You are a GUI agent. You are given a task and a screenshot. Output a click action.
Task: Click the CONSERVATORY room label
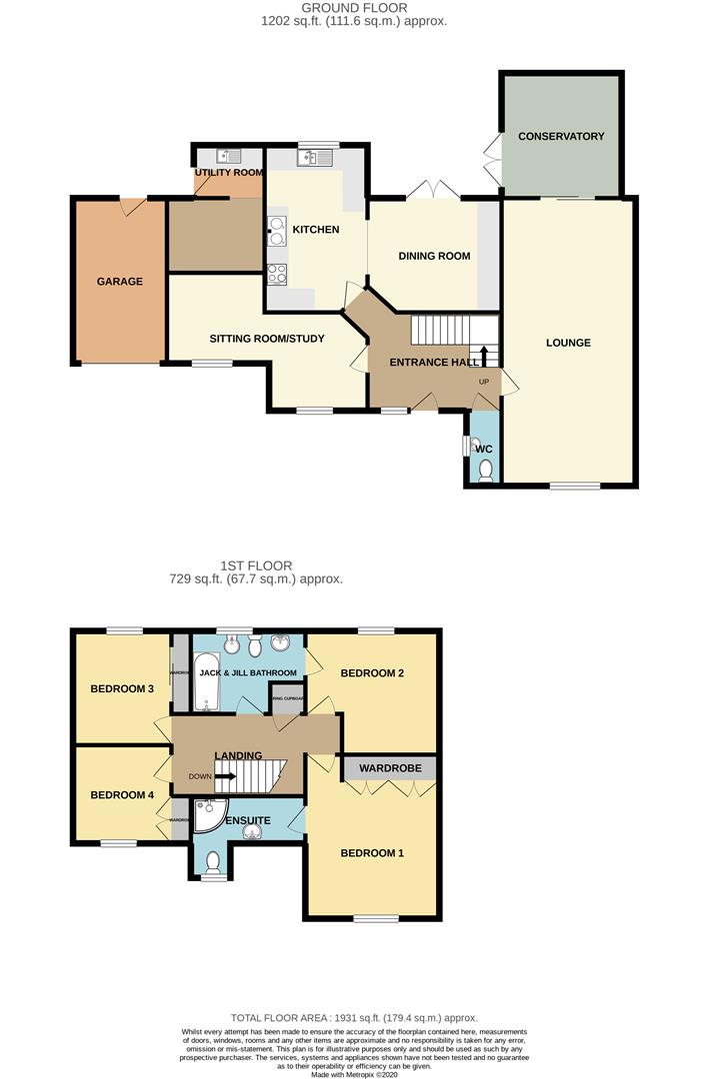(x=561, y=136)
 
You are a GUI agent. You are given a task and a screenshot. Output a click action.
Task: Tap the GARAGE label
(x=119, y=282)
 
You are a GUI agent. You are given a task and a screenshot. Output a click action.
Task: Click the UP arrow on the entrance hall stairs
(x=486, y=358)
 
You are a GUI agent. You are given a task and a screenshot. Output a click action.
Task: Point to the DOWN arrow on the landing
(x=223, y=776)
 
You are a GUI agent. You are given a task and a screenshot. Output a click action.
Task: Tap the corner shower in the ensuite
(x=209, y=817)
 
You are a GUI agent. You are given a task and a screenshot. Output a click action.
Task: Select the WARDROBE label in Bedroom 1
(x=391, y=768)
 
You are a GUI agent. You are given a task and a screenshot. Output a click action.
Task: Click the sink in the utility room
(x=230, y=156)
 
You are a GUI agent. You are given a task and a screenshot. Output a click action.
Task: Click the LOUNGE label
(x=568, y=343)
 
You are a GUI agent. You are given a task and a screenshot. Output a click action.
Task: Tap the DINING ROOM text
(x=434, y=256)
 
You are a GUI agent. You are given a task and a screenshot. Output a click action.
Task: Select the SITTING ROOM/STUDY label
(x=267, y=339)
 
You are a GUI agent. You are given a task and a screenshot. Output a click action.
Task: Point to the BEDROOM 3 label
(x=122, y=688)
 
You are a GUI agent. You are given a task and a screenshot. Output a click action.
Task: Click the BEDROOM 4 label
(x=122, y=795)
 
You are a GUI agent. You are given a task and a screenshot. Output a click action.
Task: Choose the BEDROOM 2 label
(x=372, y=673)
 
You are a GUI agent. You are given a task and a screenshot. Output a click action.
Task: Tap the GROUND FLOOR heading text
(x=354, y=8)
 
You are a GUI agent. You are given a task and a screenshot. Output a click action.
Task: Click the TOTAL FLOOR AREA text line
(x=354, y=1017)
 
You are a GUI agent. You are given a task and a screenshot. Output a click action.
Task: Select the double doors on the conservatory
(x=492, y=156)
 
